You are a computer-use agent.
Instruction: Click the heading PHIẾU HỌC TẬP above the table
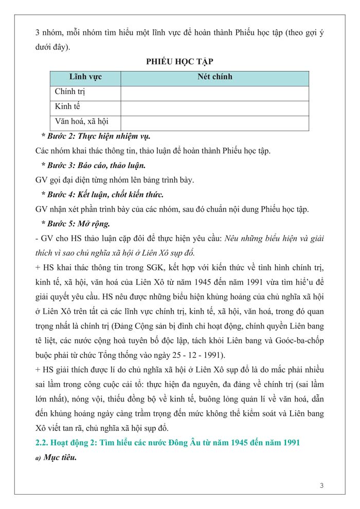coord(179,61)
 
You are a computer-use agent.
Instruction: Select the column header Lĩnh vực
coord(85,77)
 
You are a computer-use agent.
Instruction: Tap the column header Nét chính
coord(215,77)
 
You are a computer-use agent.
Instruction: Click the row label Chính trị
coord(70,92)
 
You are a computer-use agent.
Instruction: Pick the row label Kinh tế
coord(68,107)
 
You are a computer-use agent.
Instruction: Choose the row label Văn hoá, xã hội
coord(81,122)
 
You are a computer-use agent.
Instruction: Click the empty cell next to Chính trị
coord(214,93)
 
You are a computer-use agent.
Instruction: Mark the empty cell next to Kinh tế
coord(214,108)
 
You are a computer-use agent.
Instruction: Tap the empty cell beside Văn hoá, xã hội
coord(214,123)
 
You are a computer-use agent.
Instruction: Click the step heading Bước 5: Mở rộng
coord(75,224)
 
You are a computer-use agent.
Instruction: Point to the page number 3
coord(321,486)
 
